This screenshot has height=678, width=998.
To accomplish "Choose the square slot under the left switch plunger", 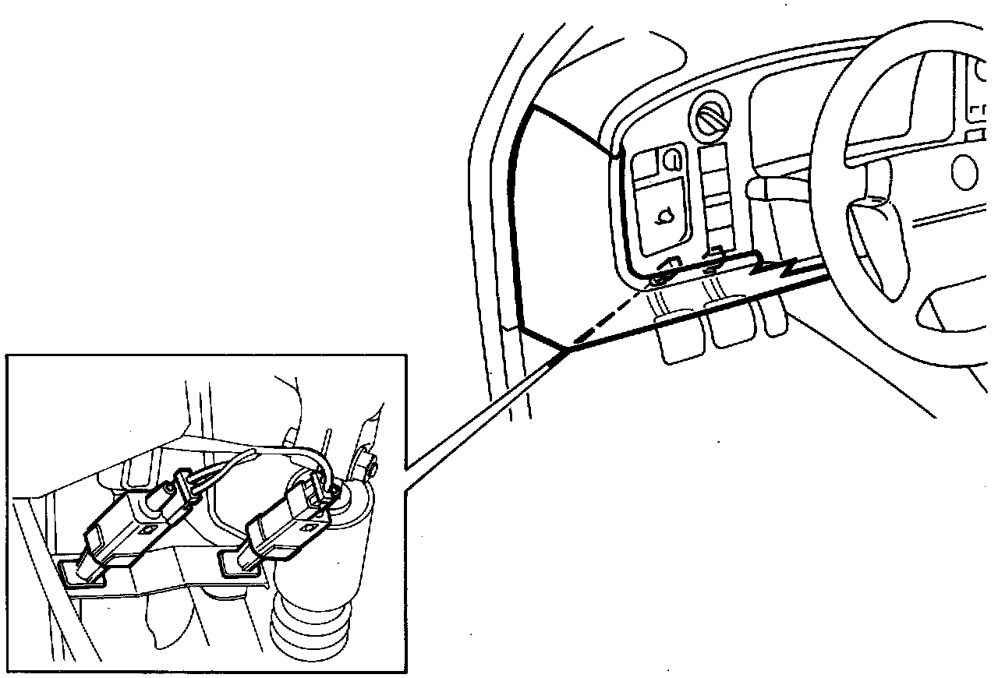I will pos(77,573).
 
